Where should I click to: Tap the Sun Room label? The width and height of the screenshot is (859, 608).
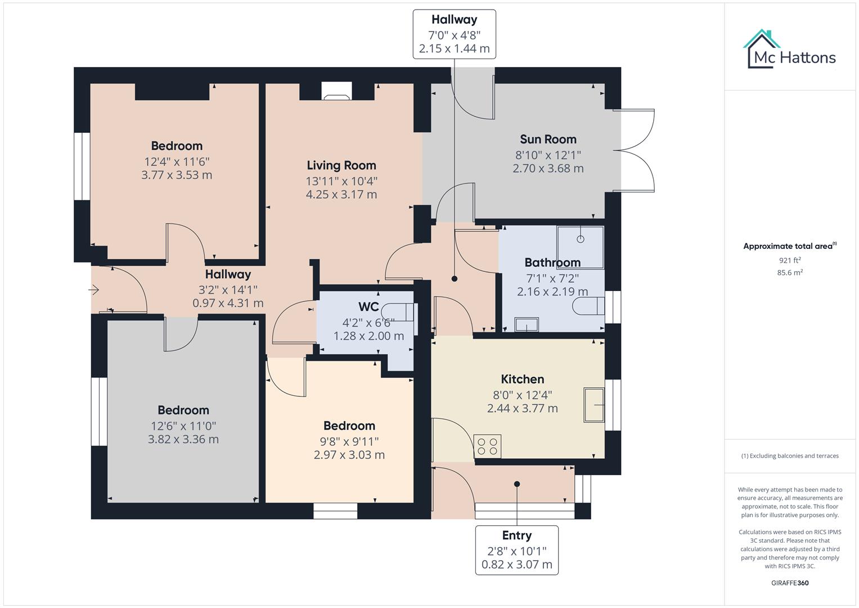(x=548, y=139)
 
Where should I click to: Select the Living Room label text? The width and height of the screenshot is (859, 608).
(x=341, y=165)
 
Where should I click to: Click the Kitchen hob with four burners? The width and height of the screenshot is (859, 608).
(x=488, y=446)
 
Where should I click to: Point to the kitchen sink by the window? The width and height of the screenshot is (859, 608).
(x=594, y=404)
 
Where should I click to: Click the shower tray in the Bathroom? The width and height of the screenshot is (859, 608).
(x=580, y=240)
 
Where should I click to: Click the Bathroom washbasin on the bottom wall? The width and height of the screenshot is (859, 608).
(x=527, y=325)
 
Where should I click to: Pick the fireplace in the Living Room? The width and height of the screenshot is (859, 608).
(x=336, y=92)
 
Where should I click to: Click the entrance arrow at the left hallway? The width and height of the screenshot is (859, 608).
(x=94, y=290)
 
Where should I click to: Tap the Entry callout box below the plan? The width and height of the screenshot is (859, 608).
(x=516, y=550)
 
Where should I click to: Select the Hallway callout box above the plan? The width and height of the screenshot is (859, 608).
(x=454, y=34)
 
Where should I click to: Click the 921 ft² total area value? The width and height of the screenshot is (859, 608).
(x=789, y=260)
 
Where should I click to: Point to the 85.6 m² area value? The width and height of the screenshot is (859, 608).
(x=789, y=272)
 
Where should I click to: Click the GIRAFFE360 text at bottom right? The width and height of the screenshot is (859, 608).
(x=789, y=583)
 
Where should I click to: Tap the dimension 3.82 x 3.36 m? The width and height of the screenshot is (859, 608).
(x=183, y=439)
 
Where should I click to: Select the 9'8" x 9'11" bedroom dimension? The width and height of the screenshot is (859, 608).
(x=349, y=441)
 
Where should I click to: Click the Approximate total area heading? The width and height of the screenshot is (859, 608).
(x=789, y=246)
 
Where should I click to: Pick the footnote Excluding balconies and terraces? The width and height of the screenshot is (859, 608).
(x=789, y=456)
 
